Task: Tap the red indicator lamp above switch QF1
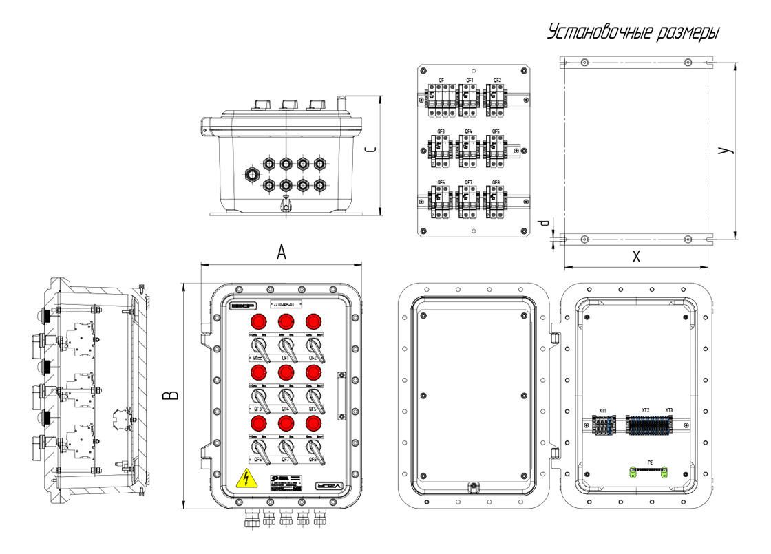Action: point(286,321)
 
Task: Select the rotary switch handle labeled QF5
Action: point(313,398)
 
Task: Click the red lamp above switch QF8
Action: point(313,423)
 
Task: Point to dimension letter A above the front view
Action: point(281,253)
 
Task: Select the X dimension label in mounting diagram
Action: point(636,257)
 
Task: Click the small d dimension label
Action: point(543,224)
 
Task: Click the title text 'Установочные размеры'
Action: point(633,32)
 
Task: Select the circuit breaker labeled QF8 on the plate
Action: point(496,200)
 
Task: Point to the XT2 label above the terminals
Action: point(646,411)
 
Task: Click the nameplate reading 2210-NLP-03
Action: point(284,303)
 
